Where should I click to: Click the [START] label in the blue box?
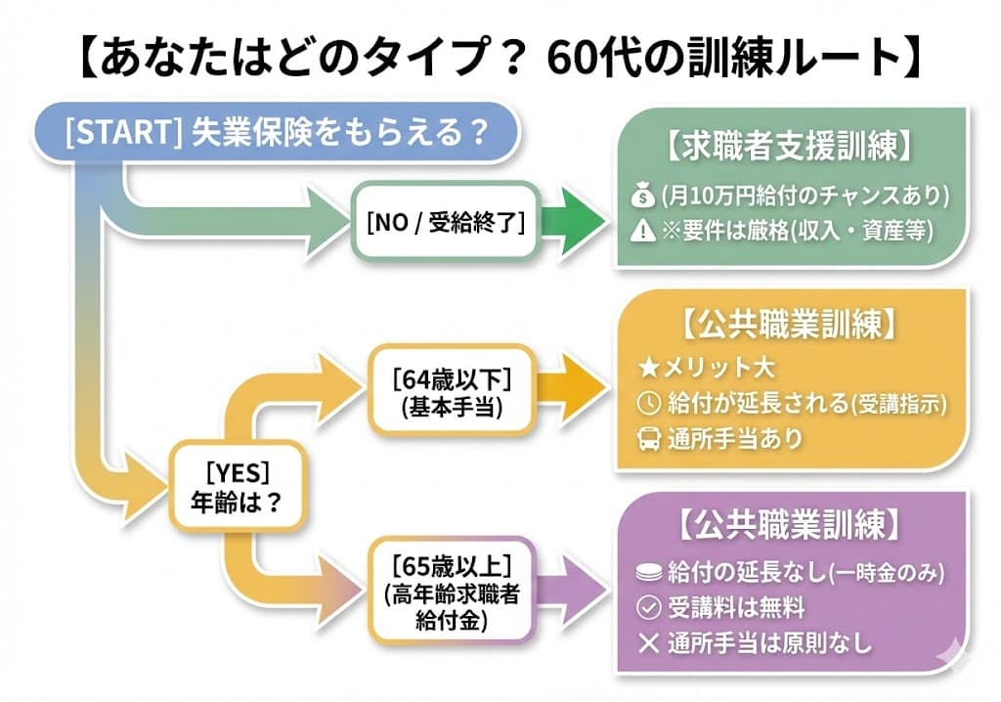pos(118,132)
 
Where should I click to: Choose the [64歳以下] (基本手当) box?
pos(451,388)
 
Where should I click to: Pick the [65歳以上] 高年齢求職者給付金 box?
pos(451,592)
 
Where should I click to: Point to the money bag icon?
pos(642,197)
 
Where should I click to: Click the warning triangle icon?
pos(642,231)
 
